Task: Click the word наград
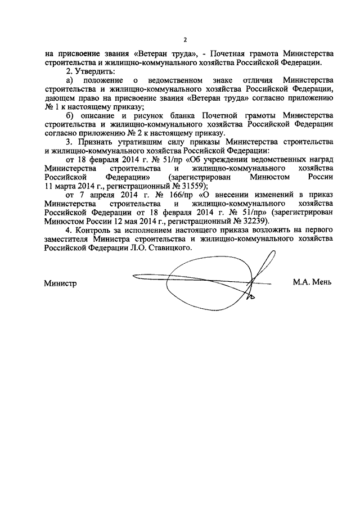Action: coord(318,159)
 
